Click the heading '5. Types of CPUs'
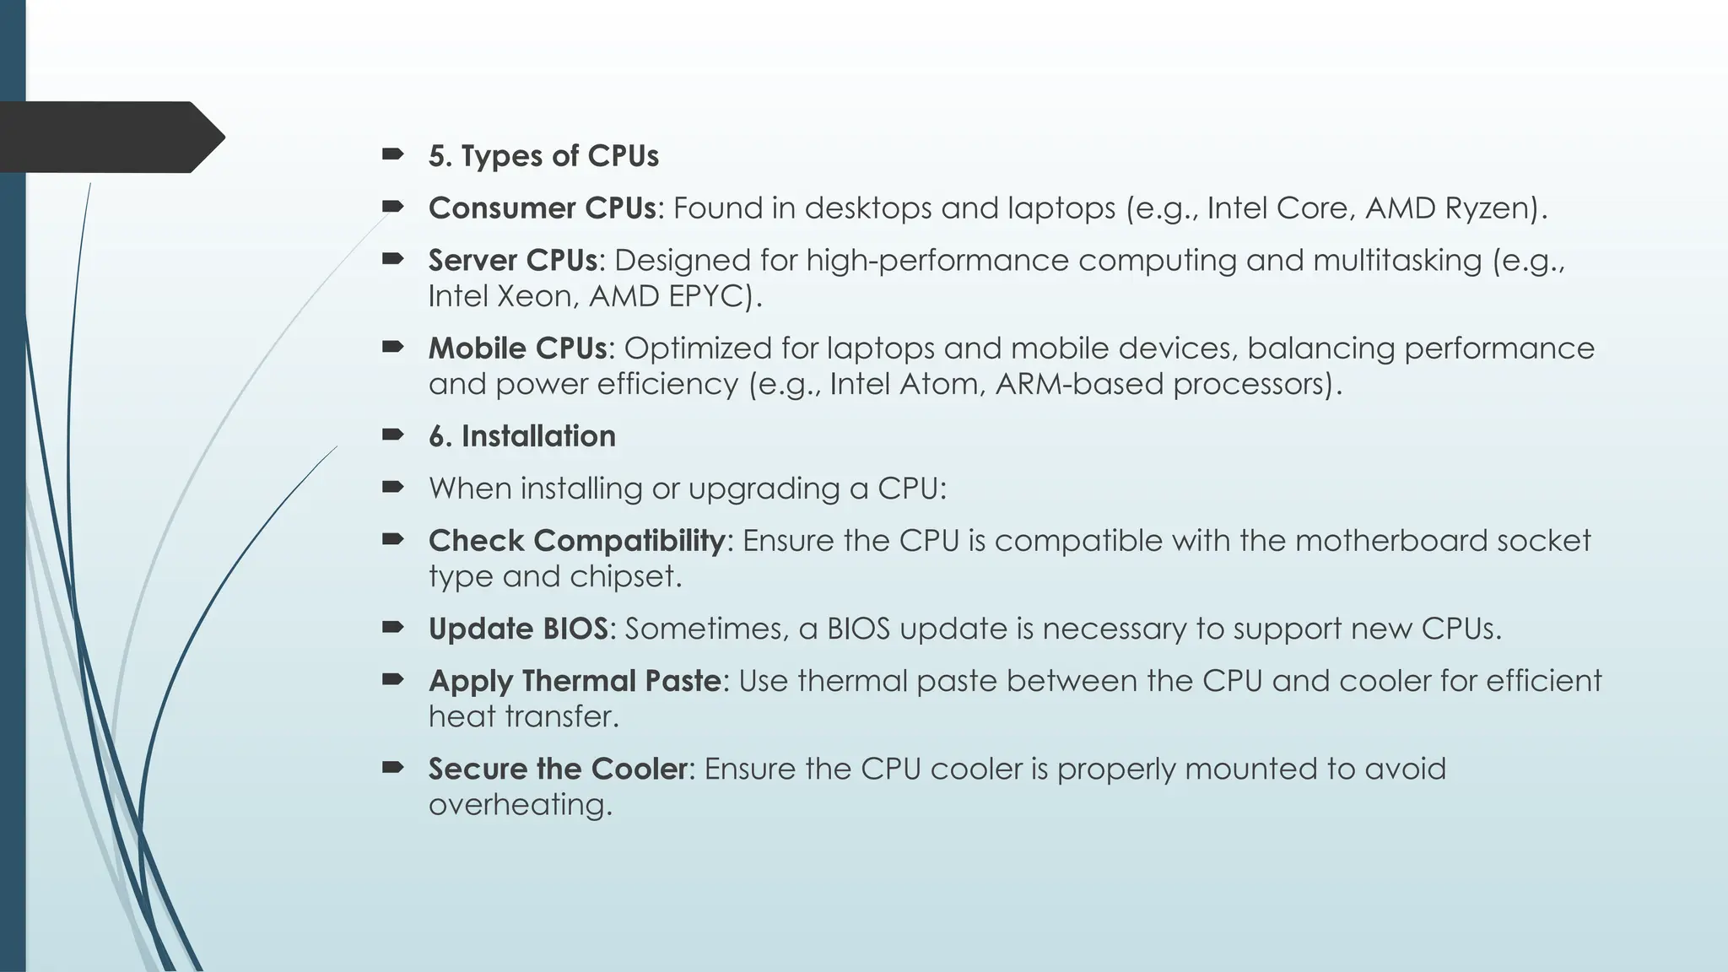(543, 156)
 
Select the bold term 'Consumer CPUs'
(542, 208)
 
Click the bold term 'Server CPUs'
(512, 261)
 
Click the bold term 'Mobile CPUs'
(516, 348)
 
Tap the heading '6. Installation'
(521, 436)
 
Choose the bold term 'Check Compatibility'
(576, 541)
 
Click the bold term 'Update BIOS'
(518, 629)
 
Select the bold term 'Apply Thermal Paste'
(575, 681)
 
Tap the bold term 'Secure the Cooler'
(558, 769)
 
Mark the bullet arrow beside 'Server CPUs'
(392, 259)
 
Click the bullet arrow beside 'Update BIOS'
(392, 627)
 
